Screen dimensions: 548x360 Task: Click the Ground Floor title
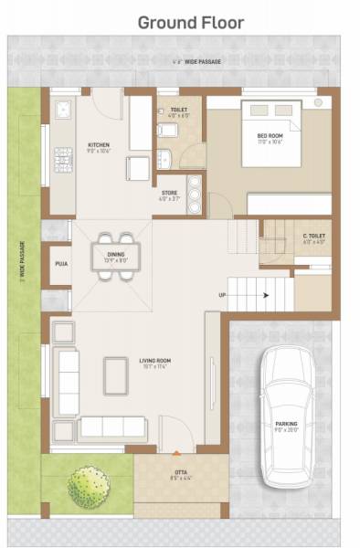click(190, 23)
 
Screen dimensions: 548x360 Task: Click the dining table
click(115, 251)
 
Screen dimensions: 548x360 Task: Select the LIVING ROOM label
click(154, 362)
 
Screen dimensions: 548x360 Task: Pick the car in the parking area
click(286, 417)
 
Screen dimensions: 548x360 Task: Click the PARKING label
click(286, 425)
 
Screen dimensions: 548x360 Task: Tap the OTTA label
click(181, 474)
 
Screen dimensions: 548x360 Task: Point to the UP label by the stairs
click(221, 295)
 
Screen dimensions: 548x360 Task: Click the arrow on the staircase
click(264, 295)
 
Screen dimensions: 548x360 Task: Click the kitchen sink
click(63, 111)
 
